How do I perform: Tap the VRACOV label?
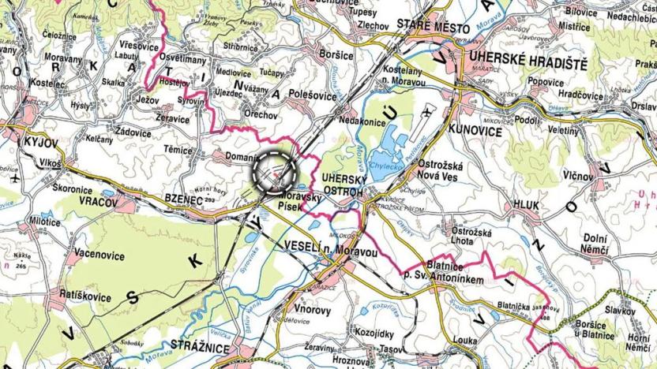pos(97,203)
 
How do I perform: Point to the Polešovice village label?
pos(293,94)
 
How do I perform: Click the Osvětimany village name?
pos(183,58)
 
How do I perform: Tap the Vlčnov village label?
pos(579,176)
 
